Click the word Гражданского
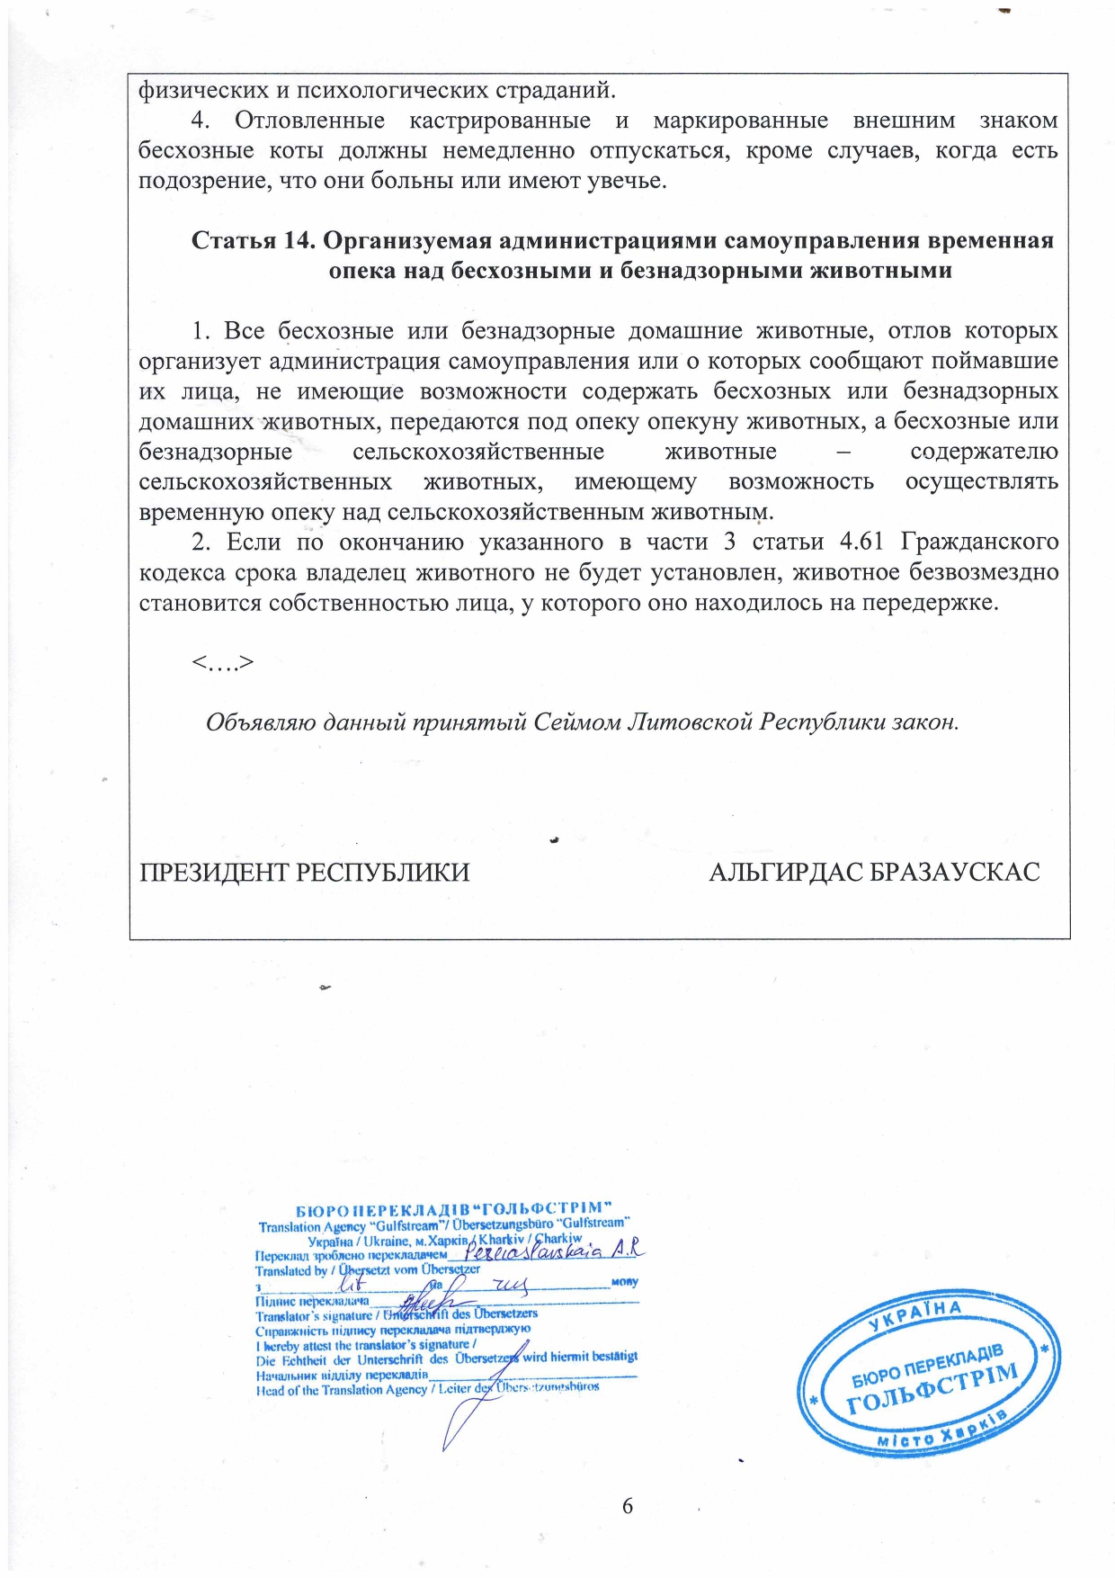point(979,542)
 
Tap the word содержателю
point(984,452)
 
